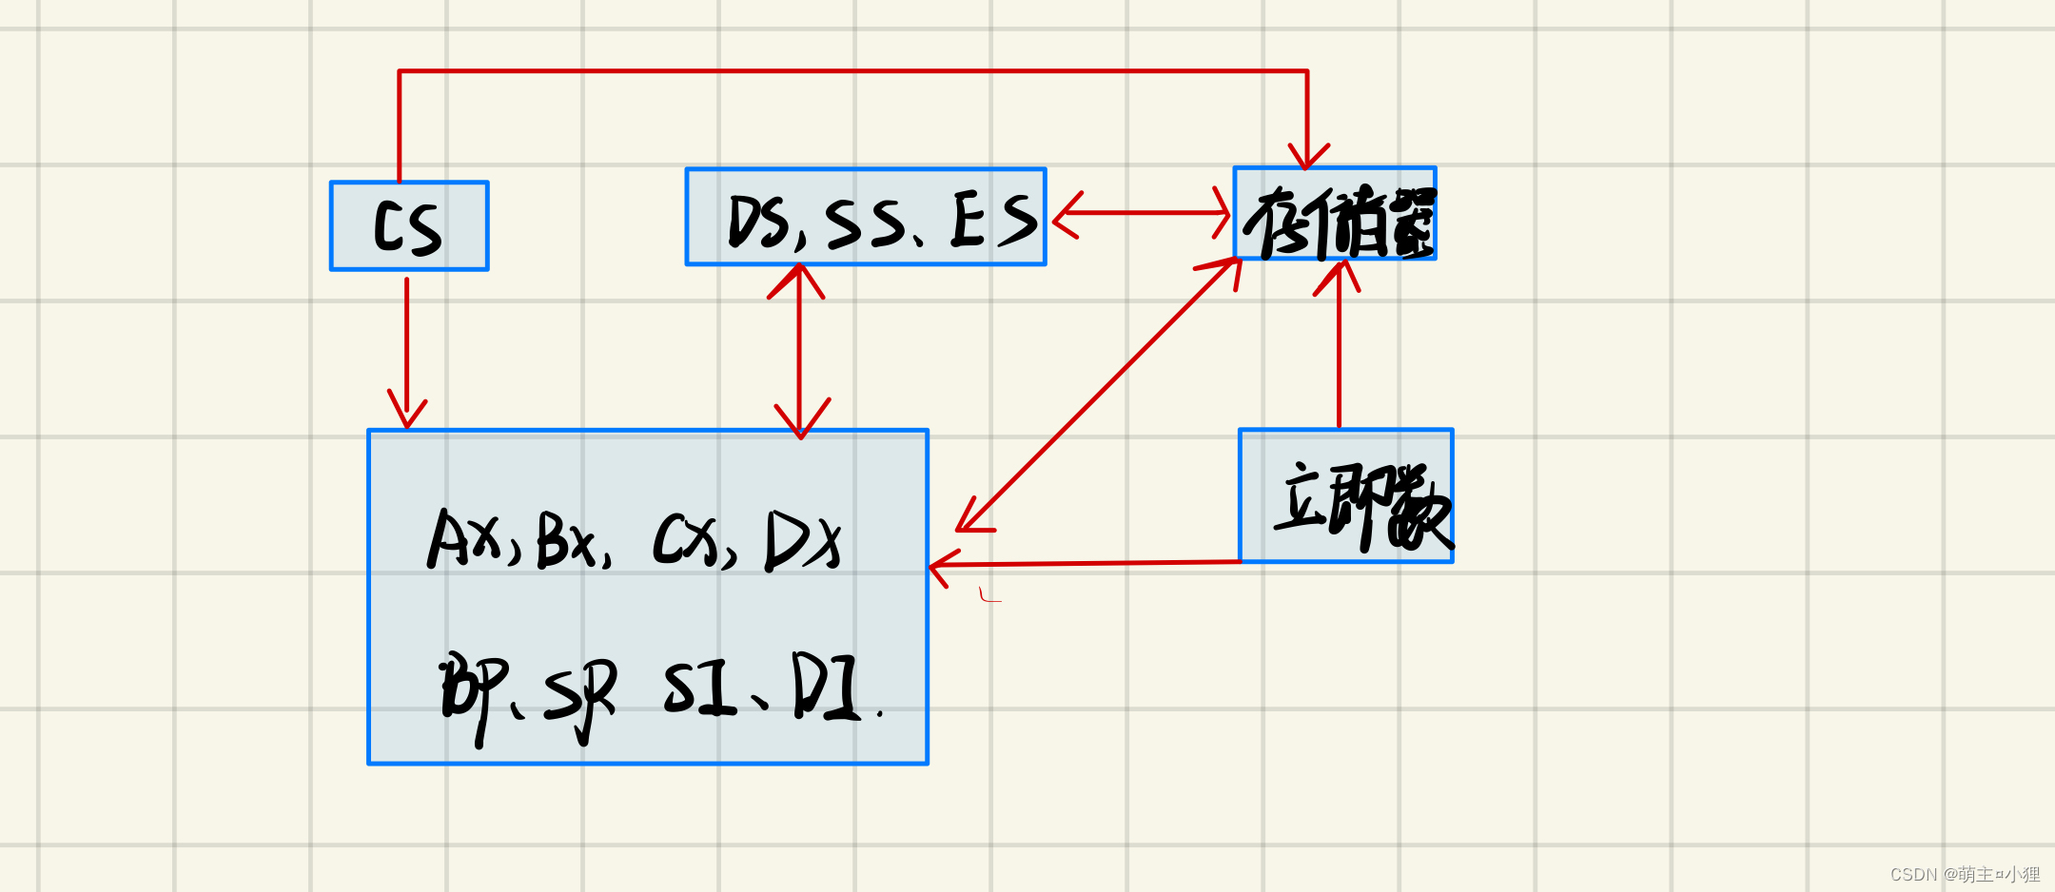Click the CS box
click(x=409, y=226)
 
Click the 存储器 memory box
click(x=1335, y=214)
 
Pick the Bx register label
click(x=567, y=540)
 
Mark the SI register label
click(x=700, y=687)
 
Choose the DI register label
click(x=825, y=687)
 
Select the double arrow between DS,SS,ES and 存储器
click(x=1141, y=213)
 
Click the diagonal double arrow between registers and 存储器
click(x=1099, y=394)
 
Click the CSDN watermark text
click(x=1964, y=874)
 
